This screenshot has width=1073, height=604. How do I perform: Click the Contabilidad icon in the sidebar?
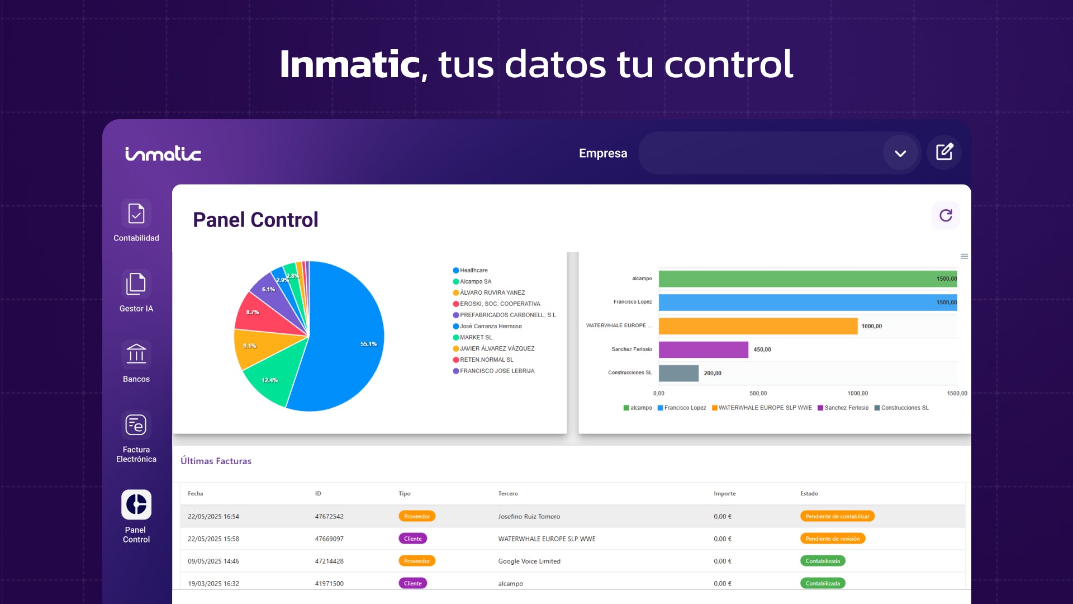tap(136, 214)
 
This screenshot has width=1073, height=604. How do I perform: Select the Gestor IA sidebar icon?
tap(136, 284)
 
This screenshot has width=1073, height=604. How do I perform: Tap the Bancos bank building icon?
tap(136, 355)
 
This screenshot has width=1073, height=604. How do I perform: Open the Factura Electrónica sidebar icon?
tap(136, 425)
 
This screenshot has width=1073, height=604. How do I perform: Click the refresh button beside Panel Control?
tap(946, 216)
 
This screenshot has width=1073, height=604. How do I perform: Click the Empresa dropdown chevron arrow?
tap(900, 153)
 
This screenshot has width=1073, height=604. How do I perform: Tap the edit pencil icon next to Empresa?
tap(944, 152)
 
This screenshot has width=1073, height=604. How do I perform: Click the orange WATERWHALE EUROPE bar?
tap(757, 326)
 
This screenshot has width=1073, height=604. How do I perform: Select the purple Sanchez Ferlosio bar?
tap(703, 350)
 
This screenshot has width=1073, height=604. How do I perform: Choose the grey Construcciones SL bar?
tap(678, 373)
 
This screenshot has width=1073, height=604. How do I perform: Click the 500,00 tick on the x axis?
tap(758, 393)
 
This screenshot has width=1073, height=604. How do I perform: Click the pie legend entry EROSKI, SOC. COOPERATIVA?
tap(500, 304)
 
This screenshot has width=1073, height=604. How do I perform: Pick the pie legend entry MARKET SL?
tap(476, 337)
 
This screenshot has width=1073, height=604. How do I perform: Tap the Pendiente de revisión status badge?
tap(832, 539)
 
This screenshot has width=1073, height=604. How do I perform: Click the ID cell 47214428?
tap(329, 561)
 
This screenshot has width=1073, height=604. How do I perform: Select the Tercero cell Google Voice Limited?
tap(529, 561)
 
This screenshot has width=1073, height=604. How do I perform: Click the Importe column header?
tap(724, 493)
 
